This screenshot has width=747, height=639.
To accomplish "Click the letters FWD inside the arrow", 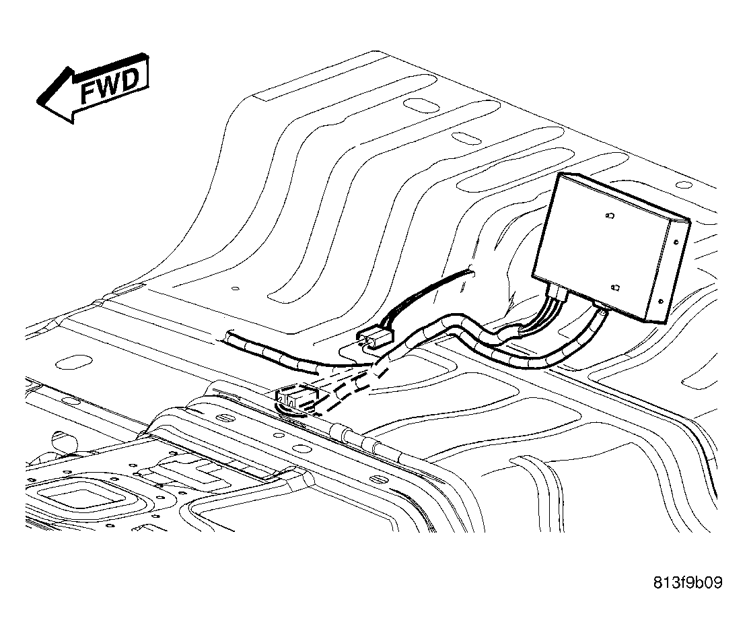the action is pos(110,86).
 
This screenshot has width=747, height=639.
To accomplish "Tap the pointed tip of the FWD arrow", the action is pos(38,100).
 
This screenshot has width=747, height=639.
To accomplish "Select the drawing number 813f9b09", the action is pos(688,582).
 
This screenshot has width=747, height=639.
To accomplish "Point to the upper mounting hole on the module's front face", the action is pos(610,216).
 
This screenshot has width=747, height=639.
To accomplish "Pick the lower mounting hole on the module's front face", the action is pos(615,288).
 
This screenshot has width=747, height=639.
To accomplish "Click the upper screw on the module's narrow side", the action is pos(676,242).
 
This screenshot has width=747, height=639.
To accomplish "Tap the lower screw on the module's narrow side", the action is pos(661,301).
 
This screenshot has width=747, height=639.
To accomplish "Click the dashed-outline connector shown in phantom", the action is pos(295,397).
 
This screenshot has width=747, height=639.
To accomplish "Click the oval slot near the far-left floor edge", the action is pos(74,362).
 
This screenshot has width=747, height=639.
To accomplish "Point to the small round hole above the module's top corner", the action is pos(684,184).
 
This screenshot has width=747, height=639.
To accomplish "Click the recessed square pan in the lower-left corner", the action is pos(83,498).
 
